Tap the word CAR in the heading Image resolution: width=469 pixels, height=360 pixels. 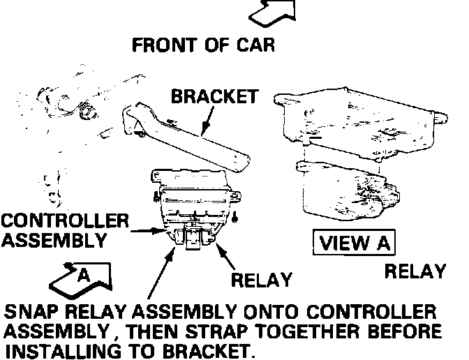[254, 46]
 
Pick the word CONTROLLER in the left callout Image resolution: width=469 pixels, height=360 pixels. [64, 222]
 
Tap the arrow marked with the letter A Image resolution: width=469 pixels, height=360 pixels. [82, 276]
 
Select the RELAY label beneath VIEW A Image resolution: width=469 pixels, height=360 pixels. [415, 271]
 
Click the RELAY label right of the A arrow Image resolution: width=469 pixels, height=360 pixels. [260, 280]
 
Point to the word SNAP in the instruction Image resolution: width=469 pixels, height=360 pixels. [30, 311]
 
